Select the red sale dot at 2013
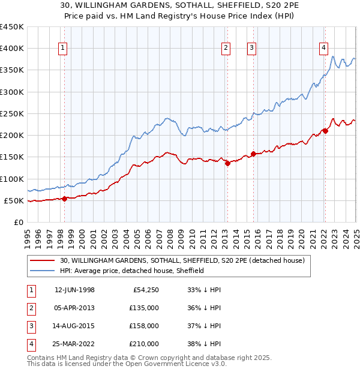(x=227, y=163)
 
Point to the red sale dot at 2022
(x=325, y=131)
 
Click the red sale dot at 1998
(x=64, y=199)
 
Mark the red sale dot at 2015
(x=253, y=154)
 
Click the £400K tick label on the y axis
(x=11, y=49)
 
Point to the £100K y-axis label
(x=11, y=179)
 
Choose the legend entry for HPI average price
(x=132, y=271)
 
